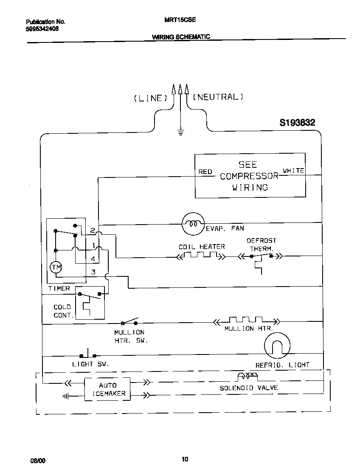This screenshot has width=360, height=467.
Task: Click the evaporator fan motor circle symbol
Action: click(193, 224)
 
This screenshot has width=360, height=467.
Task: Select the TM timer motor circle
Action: click(56, 267)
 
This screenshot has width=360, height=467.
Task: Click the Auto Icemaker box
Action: click(107, 389)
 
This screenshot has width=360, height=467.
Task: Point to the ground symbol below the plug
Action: click(180, 132)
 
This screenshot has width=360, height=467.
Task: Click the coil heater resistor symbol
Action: click(201, 256)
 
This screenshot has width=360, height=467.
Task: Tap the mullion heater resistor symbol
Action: click(246, 321)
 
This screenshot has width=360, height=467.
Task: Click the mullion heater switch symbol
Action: click(130, 321)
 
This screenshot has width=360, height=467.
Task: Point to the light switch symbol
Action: click(88, 354)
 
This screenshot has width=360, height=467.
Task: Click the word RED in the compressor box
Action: click(205, 172)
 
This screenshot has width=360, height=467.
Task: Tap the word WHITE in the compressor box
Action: click(294, 171)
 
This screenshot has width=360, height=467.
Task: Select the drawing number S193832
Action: click(297, 123)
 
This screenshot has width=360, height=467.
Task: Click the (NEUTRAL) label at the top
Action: click(218, 97)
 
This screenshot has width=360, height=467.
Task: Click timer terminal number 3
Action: click(93, 272)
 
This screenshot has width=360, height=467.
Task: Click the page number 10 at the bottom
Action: click(185, 459)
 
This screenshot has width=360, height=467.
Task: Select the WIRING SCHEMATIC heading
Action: click(181, 37)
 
